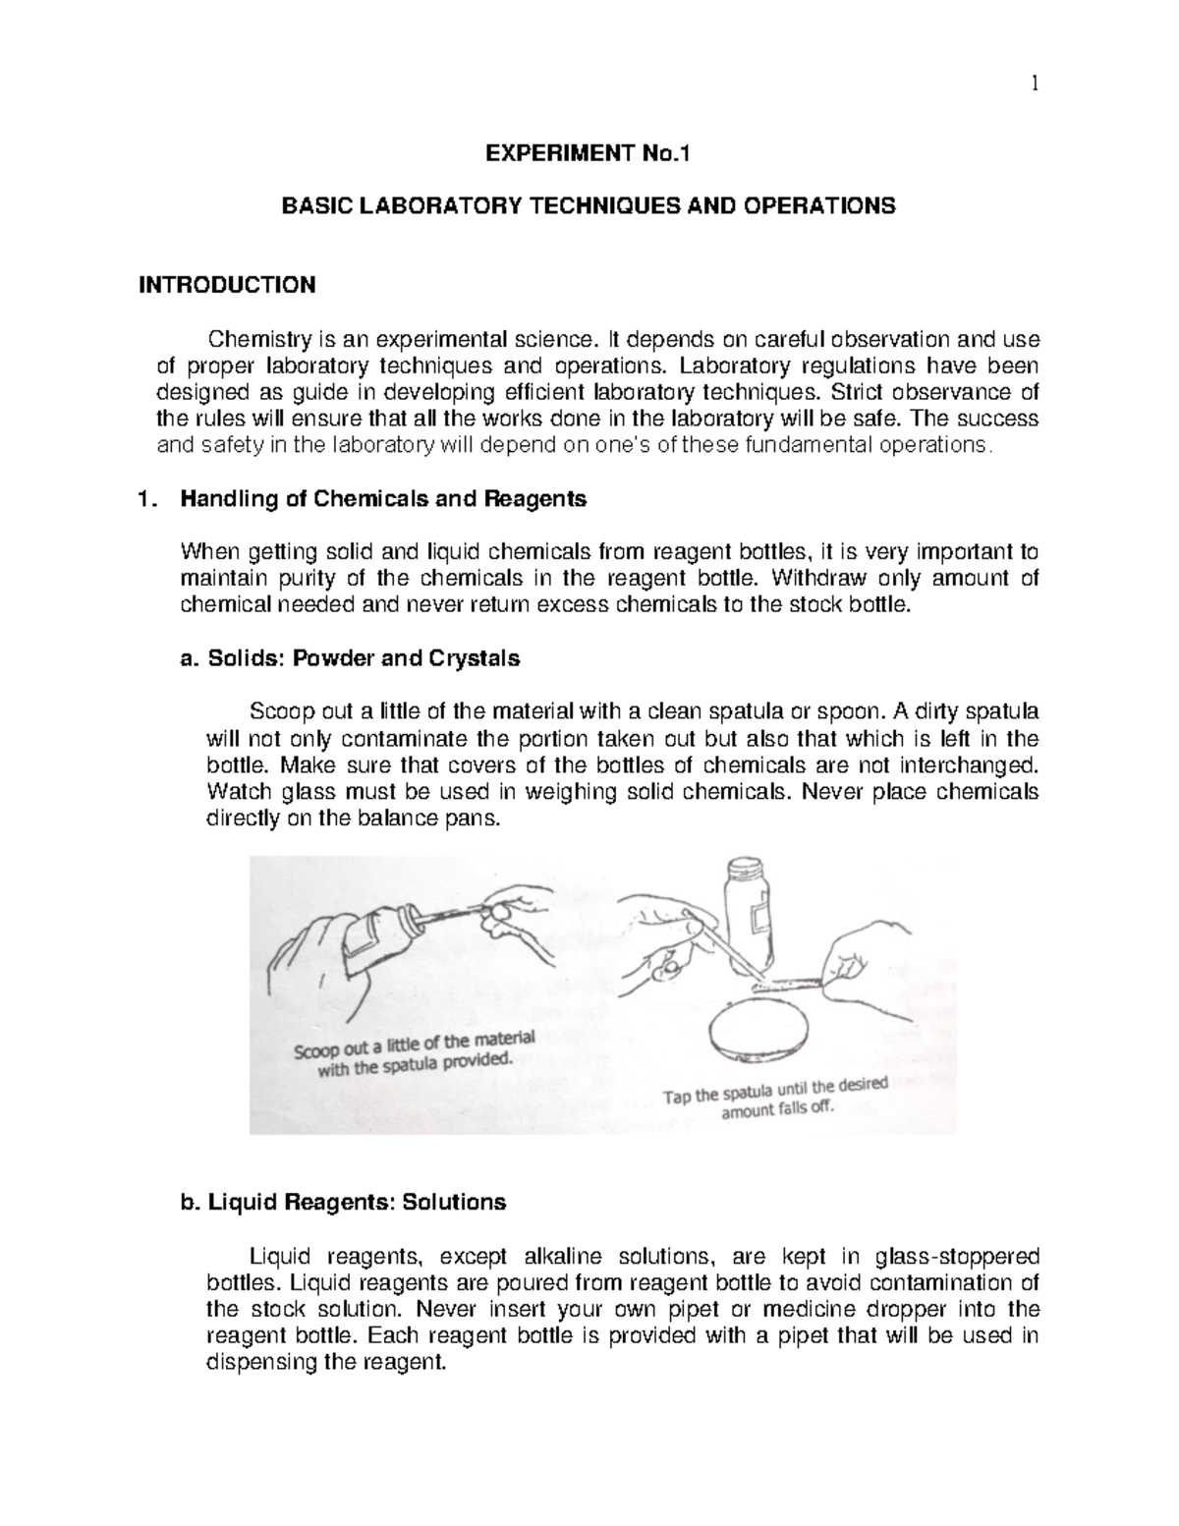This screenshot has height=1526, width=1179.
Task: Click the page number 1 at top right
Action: click(x=1034, y=85)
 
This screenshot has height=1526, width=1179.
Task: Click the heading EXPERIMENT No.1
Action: click(x=589, y=152)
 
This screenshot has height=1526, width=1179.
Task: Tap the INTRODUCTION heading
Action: click(x=227, y=286)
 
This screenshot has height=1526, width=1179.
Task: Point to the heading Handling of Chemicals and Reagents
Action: click(x=382, y=499)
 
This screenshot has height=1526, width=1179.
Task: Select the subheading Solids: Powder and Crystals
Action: click(x=363, y=659)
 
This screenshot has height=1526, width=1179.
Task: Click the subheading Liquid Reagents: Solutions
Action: click(x=356, y=1202)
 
